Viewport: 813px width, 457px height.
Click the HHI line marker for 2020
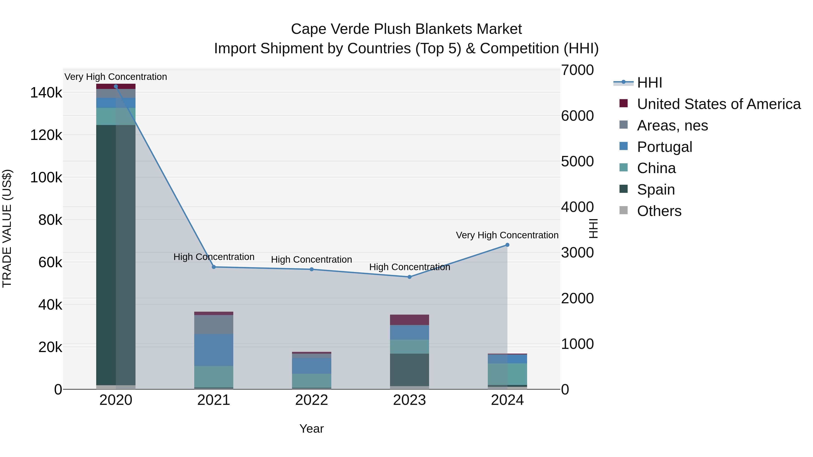point(116,86)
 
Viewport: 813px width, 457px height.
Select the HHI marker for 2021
point(214,267)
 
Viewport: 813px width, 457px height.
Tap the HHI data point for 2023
point(409,277)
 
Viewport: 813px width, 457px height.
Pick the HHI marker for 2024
point(507,245)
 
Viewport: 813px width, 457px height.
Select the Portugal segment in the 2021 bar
point(214,350)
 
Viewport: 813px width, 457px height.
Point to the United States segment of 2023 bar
point(409,320)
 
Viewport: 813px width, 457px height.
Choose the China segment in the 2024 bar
point(507,374)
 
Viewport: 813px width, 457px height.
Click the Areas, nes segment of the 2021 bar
point(214,325)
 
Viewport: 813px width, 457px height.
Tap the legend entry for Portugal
point(664,147)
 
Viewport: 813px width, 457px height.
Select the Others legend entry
point(659,211)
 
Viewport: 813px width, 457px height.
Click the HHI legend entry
point(649,83)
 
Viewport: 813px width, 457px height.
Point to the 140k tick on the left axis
point(46,93)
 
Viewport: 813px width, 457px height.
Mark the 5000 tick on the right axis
point(577,162)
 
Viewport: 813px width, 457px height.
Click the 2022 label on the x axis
point(311,400)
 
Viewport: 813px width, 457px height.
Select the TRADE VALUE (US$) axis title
point(7,228)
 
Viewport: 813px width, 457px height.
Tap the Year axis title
point(311,429)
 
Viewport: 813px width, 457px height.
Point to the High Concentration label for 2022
point(311,260)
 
